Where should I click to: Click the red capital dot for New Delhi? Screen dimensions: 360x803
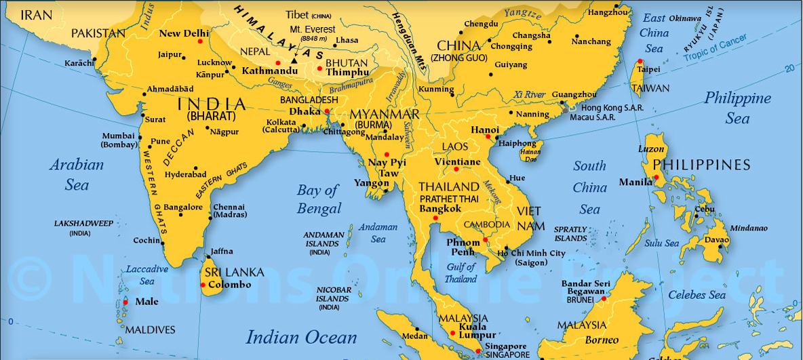point(200,41)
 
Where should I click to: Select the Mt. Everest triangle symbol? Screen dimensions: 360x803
point(294,61)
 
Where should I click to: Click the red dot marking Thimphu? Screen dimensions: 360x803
point(319,68)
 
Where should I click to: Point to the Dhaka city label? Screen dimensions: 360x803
point(305,111)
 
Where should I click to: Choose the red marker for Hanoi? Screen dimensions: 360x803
point(488,137)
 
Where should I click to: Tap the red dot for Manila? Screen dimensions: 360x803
point(657,178)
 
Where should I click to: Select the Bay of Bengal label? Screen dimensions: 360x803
point(317,199)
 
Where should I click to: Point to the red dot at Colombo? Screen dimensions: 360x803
point(201,285)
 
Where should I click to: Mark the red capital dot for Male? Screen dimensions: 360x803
point(125,302)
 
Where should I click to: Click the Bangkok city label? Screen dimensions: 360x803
point(440,209)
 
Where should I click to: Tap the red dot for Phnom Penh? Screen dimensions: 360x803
point(486,240)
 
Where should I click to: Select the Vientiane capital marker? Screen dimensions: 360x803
point(456,169)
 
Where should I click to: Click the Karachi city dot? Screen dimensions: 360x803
point(95,59)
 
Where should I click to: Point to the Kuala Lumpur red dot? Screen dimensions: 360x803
point(452,332)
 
